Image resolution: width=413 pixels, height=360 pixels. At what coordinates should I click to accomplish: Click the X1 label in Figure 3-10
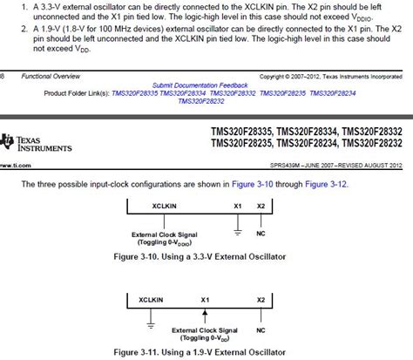point(238,206)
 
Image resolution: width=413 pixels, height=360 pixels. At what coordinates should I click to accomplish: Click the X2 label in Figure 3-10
point(261,206)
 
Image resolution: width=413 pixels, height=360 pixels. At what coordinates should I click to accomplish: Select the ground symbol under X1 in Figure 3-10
point(238,231)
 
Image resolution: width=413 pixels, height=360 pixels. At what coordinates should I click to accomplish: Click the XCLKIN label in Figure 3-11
point(152,299)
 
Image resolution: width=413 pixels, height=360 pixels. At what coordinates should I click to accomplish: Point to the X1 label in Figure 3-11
point(206,299)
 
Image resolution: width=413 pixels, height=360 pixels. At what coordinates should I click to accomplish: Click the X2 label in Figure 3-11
point(261,299)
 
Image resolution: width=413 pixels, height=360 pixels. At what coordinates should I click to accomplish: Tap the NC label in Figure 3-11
point(261,331)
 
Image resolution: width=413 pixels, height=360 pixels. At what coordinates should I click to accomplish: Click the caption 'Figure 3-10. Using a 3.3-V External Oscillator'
point(206,258)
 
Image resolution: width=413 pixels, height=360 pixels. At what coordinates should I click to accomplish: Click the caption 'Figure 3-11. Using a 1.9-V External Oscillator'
point(206,351)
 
